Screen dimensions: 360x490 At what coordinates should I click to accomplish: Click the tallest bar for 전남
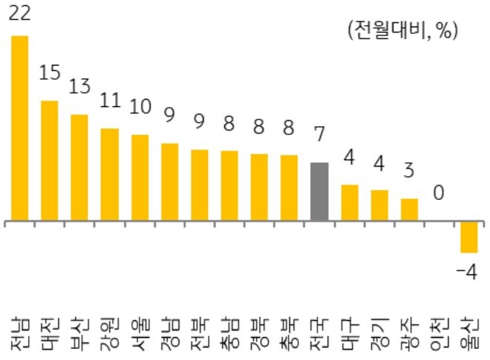(x=19, y=128)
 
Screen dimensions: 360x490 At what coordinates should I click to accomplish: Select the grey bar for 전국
(x=319, y=192)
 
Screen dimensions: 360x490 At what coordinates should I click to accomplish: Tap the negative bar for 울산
(x=469, y=237)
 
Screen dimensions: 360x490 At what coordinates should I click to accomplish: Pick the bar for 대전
(x=49, y=160)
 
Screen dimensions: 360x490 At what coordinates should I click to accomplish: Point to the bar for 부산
(x=80, y=167)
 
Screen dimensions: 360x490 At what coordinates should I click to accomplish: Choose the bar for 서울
(x=139, y=178)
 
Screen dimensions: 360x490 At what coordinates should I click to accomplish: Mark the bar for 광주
(x=410, y=210)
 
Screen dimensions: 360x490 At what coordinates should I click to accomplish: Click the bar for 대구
(x=349, y=203)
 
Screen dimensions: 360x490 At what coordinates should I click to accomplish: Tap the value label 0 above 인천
(x=438, y=193)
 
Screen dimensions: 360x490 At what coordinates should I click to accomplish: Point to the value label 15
(x=50, y=74)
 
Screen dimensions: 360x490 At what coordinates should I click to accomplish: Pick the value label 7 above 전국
(x=319, y=136)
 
